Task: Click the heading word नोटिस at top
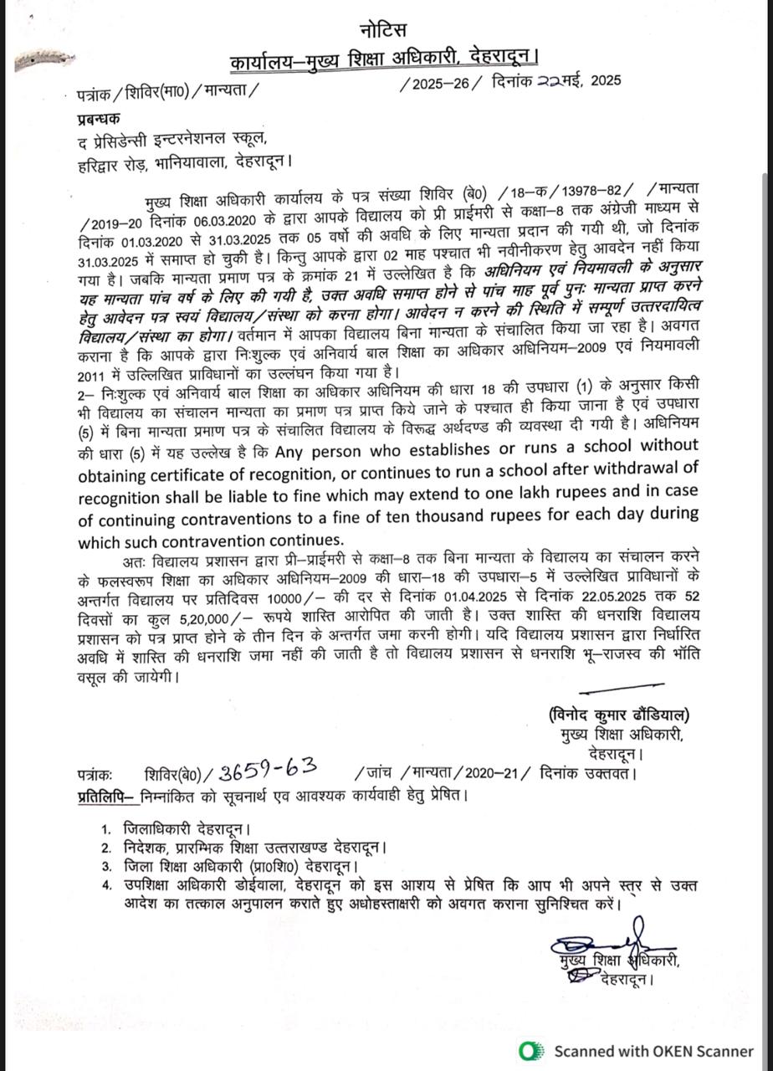pyautogui.click(x=385, y=32)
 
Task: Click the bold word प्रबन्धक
pyautogui.click(x=99, y=120)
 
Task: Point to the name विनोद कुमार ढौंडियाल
pyautogui.click(x=619, y=715)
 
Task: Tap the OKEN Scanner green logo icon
pyautogui.click(x=529, y=1051)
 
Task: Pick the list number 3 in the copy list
pyautogui.click(x=106, y=866)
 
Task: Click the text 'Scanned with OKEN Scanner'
pyautogui.click(x=653, y=1051)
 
